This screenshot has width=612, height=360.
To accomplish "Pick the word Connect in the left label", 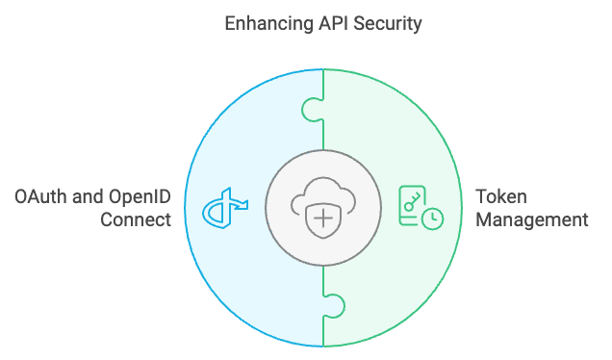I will [137, 220].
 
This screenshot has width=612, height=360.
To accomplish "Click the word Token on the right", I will [499, 198].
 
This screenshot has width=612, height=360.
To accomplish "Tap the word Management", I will [532, 220].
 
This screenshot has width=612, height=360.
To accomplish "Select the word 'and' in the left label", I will [87, 198].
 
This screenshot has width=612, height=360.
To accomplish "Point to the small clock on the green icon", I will [434, 219].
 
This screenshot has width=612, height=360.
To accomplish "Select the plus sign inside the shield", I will [324, 219].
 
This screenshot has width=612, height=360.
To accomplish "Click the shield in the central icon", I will [324, 220].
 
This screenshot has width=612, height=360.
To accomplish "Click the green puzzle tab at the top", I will [313, 108].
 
